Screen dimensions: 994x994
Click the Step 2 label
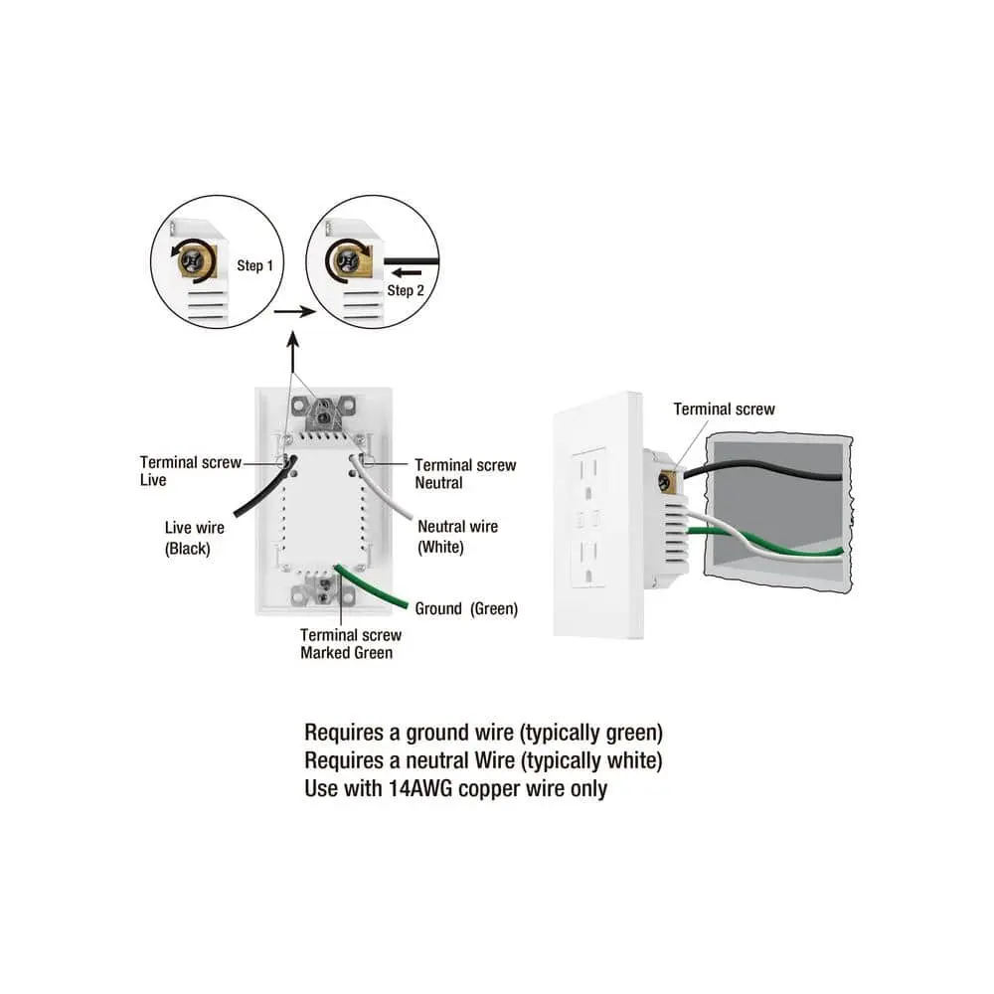click(x=406, y=290)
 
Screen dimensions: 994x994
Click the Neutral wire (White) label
click(x=457, y=537)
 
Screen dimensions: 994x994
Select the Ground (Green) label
click(x=466, y=608)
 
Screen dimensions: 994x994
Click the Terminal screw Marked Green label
click(x=351, y=644)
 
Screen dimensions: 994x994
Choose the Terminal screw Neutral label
click(x=465, y=474)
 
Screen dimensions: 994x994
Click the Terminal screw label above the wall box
click(x=724, y=409)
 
